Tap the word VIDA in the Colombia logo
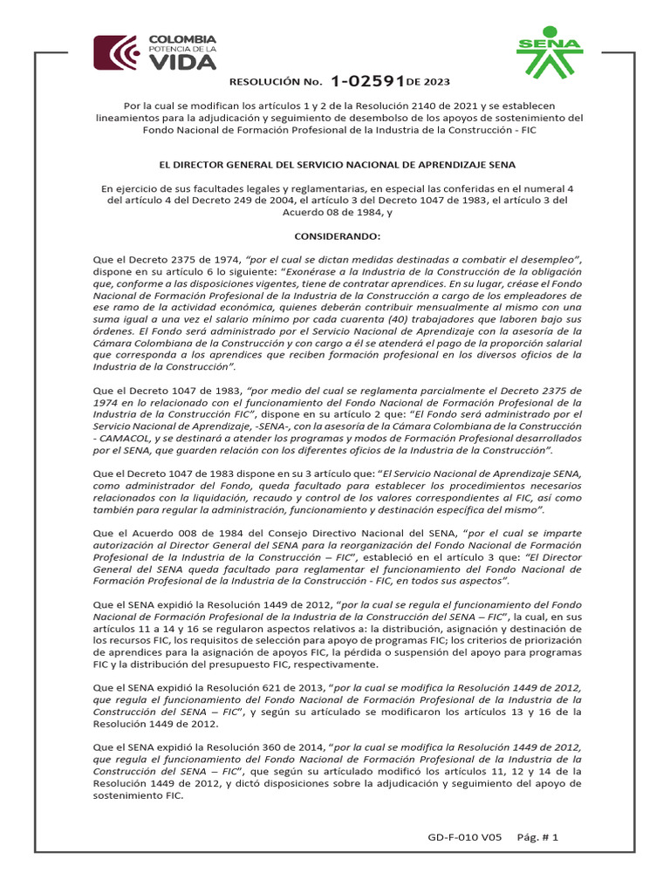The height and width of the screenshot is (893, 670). [x=183, y=63]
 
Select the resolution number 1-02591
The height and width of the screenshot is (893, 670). [x=366, y=82]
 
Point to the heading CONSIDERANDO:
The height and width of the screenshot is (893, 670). [x=335, y=235]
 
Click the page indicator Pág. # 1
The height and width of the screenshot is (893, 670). [x=539, y=837]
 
